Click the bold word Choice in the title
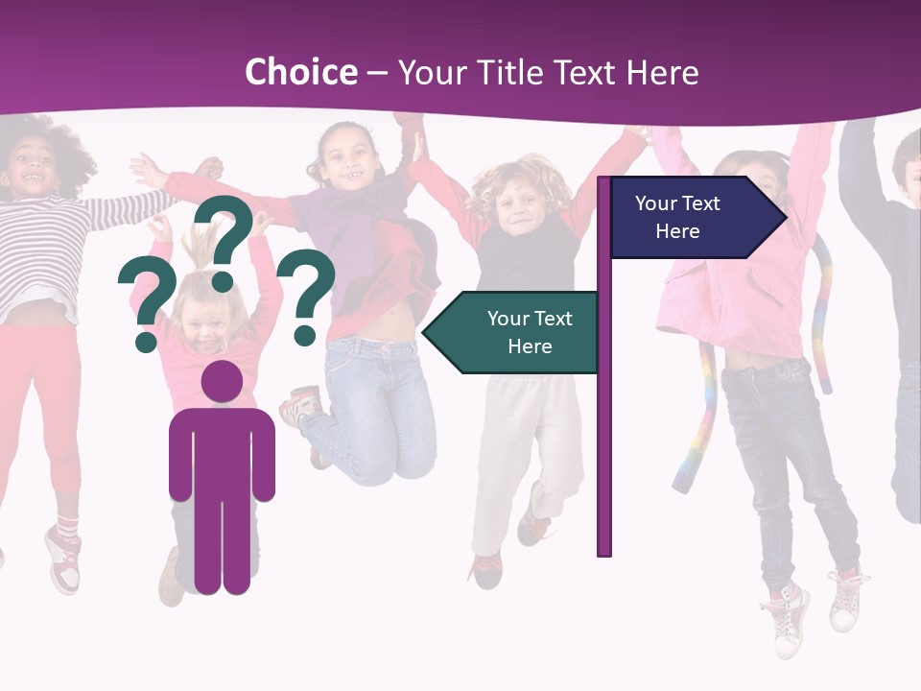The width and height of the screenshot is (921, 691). point(300,73)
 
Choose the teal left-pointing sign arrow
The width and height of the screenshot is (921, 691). point(514,332)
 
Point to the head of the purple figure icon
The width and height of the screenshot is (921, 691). point(222,382)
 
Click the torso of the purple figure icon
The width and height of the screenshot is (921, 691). point(222,451)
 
